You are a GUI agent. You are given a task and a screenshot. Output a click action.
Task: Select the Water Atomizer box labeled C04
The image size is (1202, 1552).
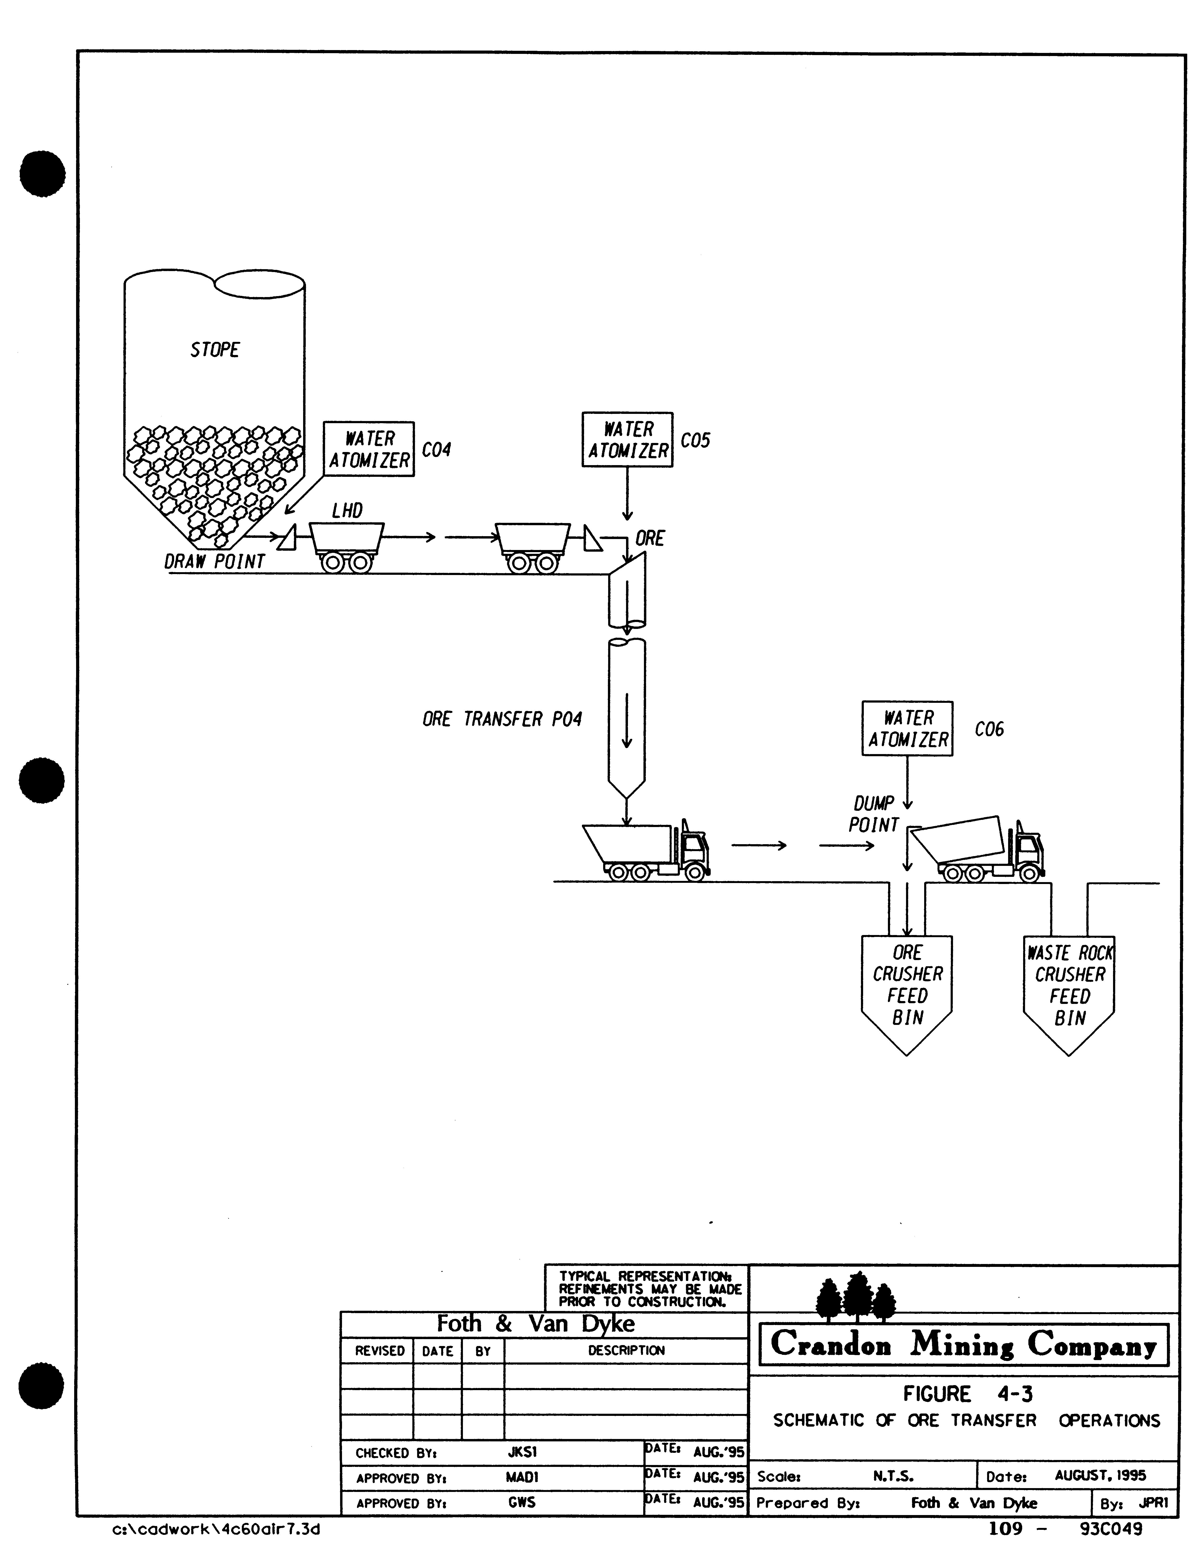(x=369, y=449)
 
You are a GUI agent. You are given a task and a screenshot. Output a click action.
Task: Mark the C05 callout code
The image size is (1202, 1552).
(x=695, y=441)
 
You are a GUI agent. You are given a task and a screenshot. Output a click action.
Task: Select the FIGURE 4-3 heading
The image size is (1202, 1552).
(x=967, y=1394)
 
